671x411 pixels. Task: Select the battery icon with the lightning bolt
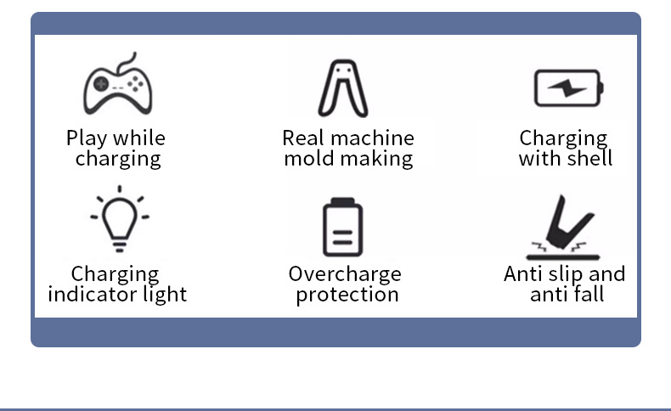pyautogui.click(x=567, y=87)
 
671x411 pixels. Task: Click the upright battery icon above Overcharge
pyautogui.click(x=342, y=227)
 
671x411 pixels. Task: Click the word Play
pyautogui.click(x=87, y=138)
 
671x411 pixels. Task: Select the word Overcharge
pyautogui.click(x=345, y=274)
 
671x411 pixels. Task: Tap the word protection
pyautogui.click(x=347, y=295)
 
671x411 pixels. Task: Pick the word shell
pyautogui.click(x=589, y=159)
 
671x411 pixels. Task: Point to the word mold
pyautogui.click(x=308, y=159)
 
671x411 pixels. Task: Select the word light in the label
pyautogui.click(x=165, y=295)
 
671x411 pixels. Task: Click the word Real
pyautogui.click(x=303, y=138)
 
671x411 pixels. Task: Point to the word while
pyautogui.click(x=139, y=138)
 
